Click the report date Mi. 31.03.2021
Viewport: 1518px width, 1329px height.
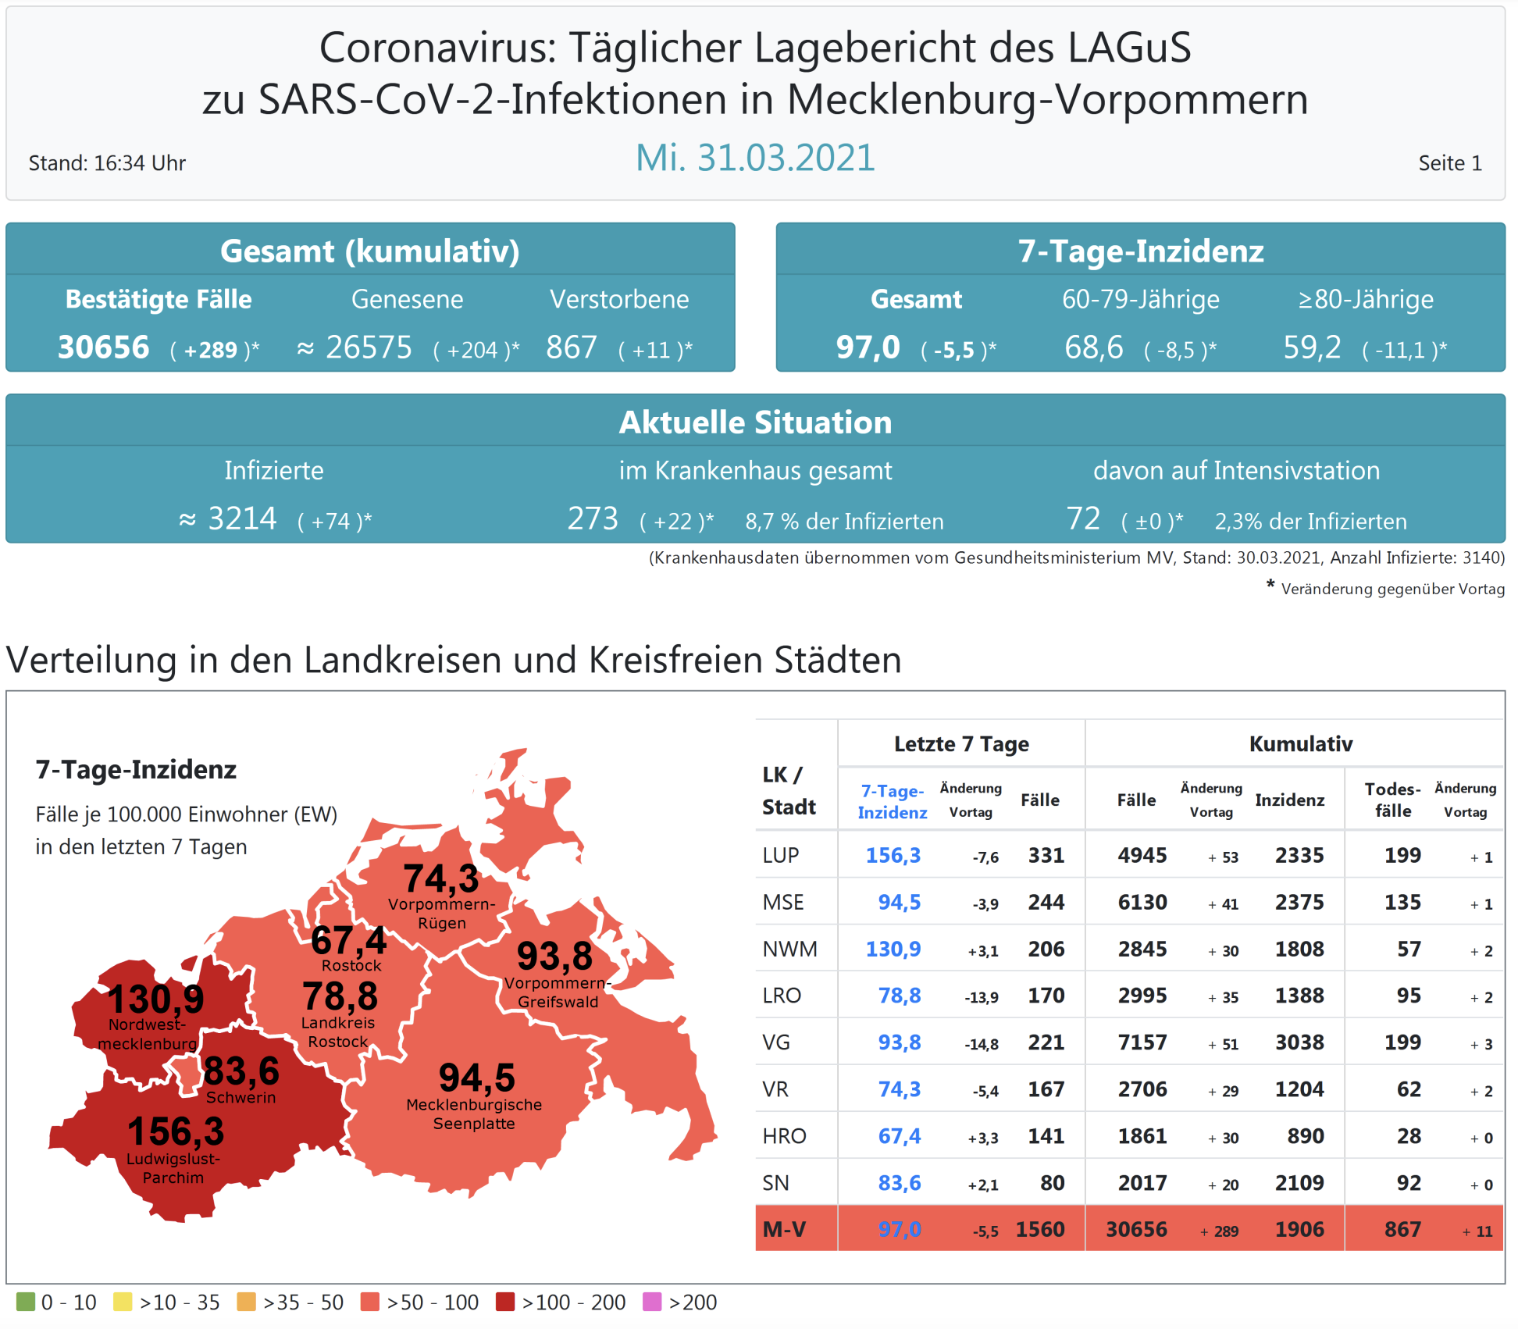(754, 158)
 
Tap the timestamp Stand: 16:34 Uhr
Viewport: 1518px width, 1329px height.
(107, 163)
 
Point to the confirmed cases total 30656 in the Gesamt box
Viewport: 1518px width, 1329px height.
(103, 347)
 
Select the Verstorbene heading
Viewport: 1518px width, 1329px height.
(619, 299)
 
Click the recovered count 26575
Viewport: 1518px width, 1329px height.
(369, 347)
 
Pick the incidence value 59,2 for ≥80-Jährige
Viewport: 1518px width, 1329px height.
(1312, 347)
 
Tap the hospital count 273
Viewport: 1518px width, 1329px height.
(593, 519)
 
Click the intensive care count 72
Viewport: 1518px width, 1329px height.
(1083, 519)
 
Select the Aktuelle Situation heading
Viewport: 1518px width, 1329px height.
(755, 422)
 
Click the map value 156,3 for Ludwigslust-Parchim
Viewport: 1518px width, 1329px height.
(176, 1131)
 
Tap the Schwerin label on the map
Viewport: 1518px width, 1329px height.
(241, 1097)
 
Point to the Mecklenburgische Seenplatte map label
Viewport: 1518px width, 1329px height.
(474, 1114)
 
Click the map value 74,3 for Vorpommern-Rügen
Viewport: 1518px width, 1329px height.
(440, 878)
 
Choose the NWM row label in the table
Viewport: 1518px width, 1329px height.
(789, 949)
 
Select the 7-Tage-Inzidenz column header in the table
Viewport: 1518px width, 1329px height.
(892, 801)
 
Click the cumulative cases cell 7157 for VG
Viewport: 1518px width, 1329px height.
(1142, 1042)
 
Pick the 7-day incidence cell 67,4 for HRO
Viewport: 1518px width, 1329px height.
(899, 1136)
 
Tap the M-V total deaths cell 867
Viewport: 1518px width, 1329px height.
(1402, 1230)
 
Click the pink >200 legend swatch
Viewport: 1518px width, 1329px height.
(652, 1302)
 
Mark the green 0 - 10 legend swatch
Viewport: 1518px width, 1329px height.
(26, 1302)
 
